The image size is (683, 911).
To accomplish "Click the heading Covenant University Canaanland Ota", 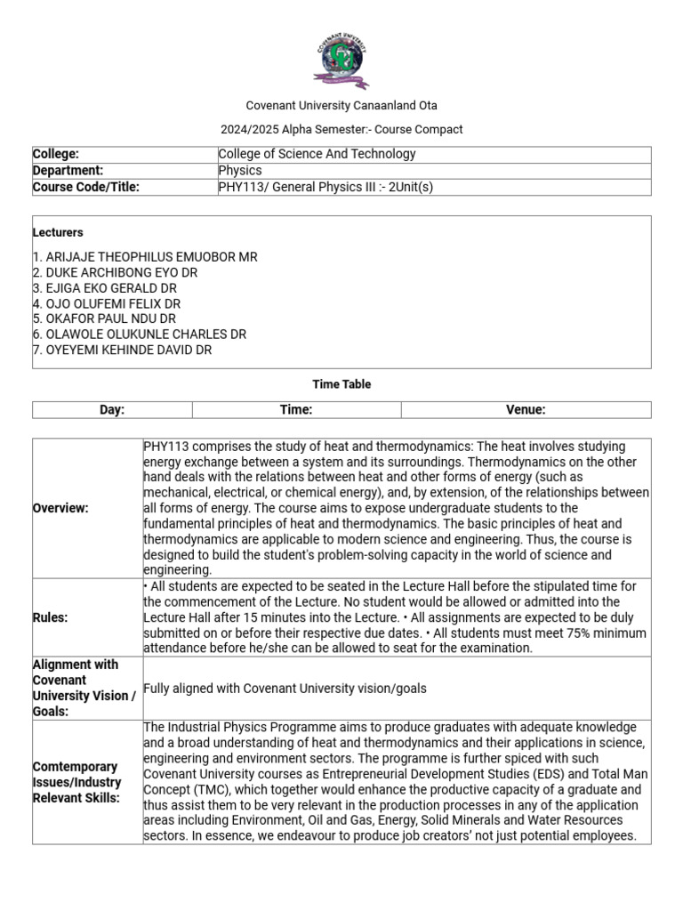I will click(x=341, y=106).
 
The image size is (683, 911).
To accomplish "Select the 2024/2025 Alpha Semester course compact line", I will click(x=341, y=130).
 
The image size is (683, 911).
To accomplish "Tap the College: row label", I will click(x=56, y=154).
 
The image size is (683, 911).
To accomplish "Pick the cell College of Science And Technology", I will click(x=317, y=154).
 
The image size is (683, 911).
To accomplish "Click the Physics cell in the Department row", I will click(x=240, y=170).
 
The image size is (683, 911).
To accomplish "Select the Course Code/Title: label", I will click(x=86, y=187).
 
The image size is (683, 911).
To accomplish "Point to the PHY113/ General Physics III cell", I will click(x=325, y=187).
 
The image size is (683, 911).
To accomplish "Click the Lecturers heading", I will click(x=58, y=233).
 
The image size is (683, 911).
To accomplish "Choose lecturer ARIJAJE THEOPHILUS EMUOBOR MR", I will click(x=145, y=257).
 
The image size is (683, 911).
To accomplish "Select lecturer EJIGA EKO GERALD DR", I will click(x=105, y=288).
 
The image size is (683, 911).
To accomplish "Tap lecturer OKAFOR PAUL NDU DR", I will click(x=104, y=318).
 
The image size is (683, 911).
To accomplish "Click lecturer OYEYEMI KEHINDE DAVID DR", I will click(x=123, y=350).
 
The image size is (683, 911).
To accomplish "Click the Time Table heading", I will click(x=341, y=384).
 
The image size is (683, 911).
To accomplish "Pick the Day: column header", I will click(x=112, y=410).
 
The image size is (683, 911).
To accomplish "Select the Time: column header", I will click(x=296, y=410).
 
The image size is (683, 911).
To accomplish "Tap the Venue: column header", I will click(x=526, y=410).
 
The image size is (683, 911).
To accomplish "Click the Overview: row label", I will click(x=60, y=508).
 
